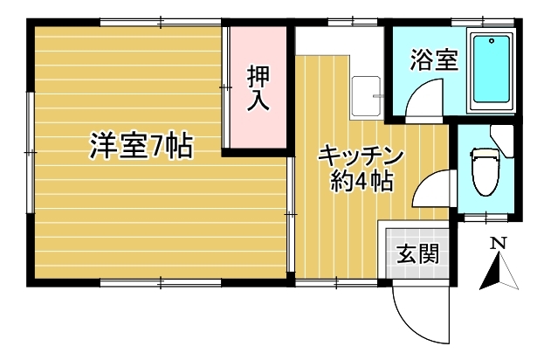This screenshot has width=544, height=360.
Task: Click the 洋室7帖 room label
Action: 141,146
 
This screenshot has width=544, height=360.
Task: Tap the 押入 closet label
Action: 258,88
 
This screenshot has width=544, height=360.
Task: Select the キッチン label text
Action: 361,158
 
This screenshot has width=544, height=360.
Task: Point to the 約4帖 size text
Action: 362,181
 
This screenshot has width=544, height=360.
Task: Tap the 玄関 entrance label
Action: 417,253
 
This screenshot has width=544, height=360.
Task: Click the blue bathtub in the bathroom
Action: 492,69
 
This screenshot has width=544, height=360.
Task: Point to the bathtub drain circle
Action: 492,41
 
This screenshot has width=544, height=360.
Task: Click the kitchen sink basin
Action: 366,96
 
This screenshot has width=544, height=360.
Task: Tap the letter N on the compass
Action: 499,244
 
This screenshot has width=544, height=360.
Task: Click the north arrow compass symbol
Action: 499,271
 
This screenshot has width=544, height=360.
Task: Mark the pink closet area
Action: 258,87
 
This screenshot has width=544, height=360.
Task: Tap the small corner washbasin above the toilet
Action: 502,141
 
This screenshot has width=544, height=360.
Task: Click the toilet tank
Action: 485,153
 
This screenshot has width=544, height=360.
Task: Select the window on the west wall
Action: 31,152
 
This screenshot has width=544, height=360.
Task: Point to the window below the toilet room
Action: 485,218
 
